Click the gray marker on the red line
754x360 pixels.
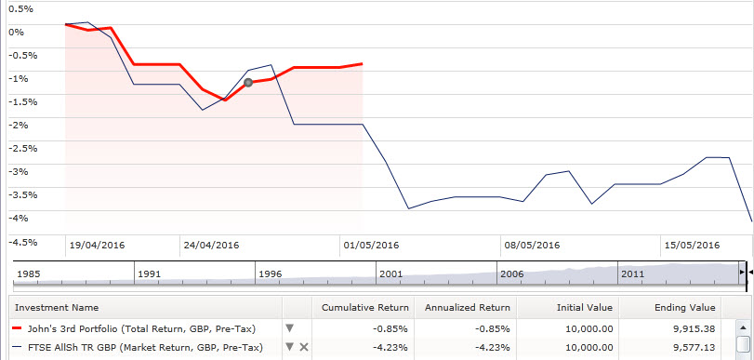click(248, 83)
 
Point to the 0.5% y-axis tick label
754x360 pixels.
click(20, 8)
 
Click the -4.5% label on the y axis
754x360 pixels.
click(22, 242)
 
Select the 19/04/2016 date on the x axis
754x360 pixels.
click(97, 246)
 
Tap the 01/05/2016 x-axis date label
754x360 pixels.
click(371, 246)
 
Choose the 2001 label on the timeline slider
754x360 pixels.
click(391, 274)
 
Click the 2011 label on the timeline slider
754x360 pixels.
click(633, 274)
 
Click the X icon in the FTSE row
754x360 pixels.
click(304, 347)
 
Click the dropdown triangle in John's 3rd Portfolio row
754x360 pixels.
click(289, 328)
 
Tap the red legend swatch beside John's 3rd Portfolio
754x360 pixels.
click(16, 328)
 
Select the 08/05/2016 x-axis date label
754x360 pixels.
click(532, 246)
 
